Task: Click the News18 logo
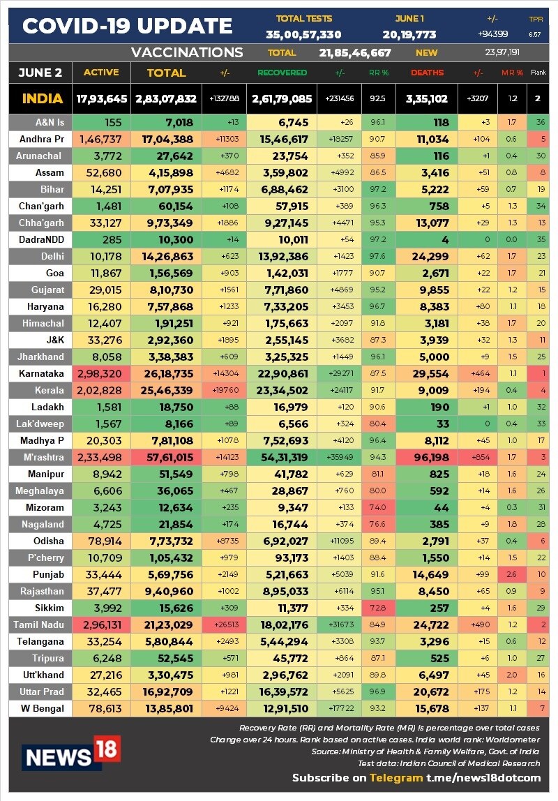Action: click(71, 753)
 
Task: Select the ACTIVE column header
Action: click(101, 73)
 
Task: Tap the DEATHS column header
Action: click(428, 73)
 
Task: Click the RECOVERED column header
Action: click(282, 73)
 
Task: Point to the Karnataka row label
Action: click(41, 373)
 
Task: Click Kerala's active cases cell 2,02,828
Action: click(100, 390)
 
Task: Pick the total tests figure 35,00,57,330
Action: click(303, 35)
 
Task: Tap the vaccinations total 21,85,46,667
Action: click(355, 52)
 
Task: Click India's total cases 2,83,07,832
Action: click(166, 98)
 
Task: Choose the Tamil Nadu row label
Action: click(39, 624)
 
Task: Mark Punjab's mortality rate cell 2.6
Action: click(511, 574)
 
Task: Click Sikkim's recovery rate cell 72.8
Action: click(378, 608)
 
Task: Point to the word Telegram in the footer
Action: click(396, 777)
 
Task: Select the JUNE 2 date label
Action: click(40, 73)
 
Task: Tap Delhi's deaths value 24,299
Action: click(430, 257)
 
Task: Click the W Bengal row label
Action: click(43, 708)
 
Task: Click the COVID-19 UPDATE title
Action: click(127, 26)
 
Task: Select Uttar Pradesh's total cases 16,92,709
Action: click(167, 691)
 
